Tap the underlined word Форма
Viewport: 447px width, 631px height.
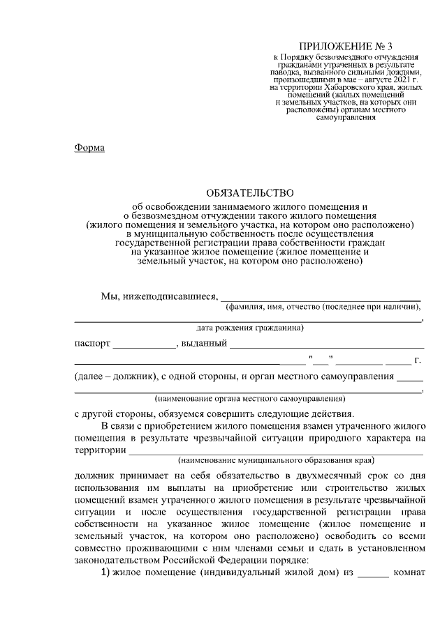click(x=89, y=148)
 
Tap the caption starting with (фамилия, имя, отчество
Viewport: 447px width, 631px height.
click(x=322, y=307)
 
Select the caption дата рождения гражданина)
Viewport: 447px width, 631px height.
click(x=249, y=327)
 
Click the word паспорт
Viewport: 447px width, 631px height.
click(x=92, y=343)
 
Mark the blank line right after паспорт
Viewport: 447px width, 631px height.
click(x=144, y=345)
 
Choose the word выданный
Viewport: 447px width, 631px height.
click(x=203, y=343)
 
